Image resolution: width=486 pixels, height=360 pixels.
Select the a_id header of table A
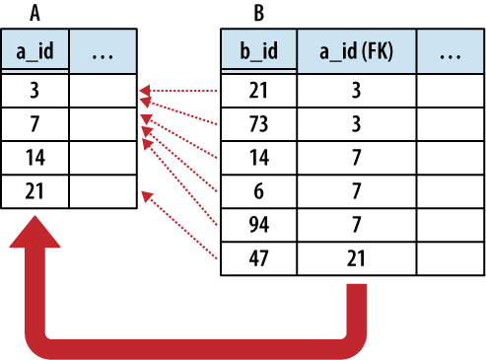click(x=35, y=54)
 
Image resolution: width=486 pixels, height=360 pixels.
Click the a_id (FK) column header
click(x=358, y=54)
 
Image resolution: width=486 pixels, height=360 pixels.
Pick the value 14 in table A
click(x=35, y=156)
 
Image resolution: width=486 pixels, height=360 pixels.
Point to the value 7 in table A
click(x=35, y=123)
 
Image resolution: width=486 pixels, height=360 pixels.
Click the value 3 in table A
click(x=35, y=91)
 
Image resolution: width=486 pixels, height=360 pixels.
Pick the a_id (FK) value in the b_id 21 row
click(x=358, y=91)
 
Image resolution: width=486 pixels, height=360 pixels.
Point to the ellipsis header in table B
click(x=450, y=54)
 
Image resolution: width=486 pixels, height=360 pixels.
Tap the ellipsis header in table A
click(x=103, y=54)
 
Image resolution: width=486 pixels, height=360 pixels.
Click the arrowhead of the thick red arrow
click(x=37, y=237)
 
